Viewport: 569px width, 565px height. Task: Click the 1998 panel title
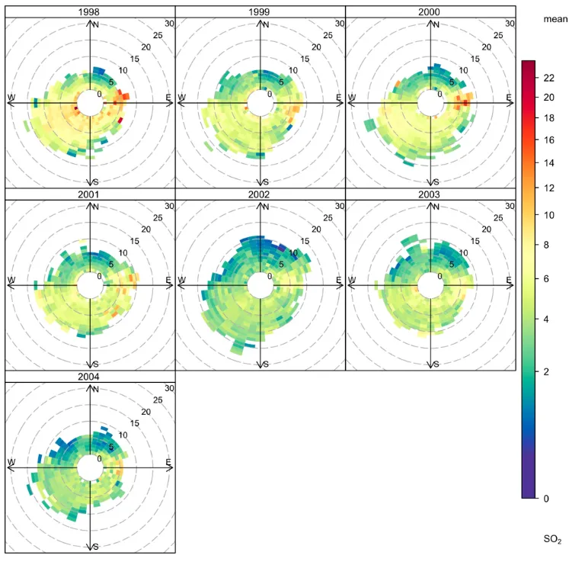[x=91, y=11]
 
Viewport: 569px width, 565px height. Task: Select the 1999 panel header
[x=261, y=11]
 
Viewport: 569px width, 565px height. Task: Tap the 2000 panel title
[x=431, y=11]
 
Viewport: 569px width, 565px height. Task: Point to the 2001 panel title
[x=91, y=194]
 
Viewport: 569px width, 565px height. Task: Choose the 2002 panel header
[x=261, y=194]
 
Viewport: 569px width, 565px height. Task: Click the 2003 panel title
[x=431, y=194]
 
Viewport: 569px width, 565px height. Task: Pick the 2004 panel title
[x=91, y=376]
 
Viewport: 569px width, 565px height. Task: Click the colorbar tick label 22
[x=548, y=76]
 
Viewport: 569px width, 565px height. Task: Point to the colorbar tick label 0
[x=546, y=499]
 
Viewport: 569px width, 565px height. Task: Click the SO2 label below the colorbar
[x=553, y=540]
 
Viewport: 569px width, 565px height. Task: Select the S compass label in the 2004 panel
[x=95, y=547]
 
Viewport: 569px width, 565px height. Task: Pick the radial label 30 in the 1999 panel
[x=340, y=24]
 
